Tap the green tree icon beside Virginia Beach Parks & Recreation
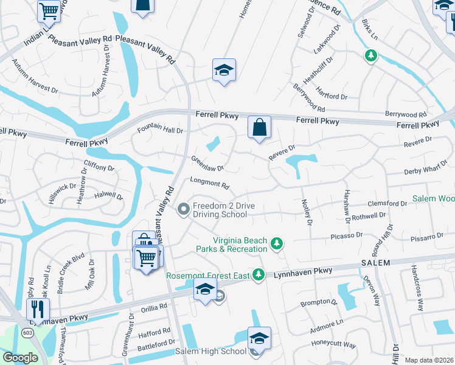(277, 243)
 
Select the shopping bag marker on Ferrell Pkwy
(259, 128)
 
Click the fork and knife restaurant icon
(38, 309)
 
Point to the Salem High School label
(210, 351)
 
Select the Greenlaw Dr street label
(207, 163)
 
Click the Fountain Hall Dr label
(160, 129)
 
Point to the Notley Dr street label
(307, 214)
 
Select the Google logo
(20, 358)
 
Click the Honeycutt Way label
(333, 344)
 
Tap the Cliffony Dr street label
(99, 167)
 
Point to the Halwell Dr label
(108, 196)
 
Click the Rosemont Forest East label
(209, 276)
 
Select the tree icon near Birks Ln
(370, 56)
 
